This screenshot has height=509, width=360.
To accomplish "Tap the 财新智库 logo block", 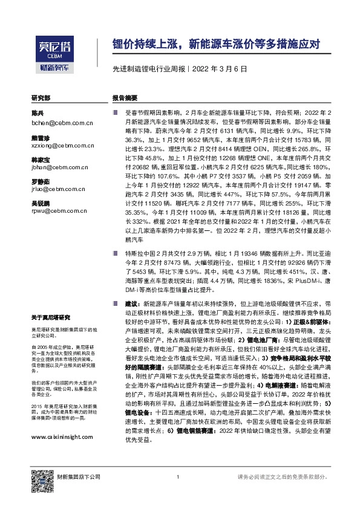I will click(53, 68).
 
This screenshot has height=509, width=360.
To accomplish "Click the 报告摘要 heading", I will click(125, 97).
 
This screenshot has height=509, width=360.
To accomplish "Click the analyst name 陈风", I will click(38, 114).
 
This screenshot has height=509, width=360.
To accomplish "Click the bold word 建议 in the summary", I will click(132, 317).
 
